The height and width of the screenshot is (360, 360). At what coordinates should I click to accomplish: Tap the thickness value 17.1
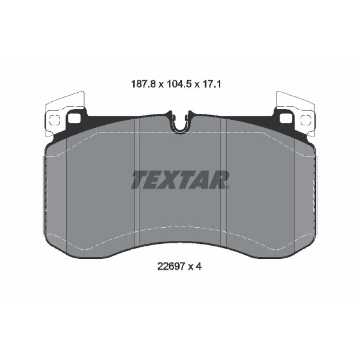(211, 84)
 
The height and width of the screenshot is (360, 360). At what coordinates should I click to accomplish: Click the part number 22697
(171, 266)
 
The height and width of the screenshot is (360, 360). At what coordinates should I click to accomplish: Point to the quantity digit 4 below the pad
(199, 266)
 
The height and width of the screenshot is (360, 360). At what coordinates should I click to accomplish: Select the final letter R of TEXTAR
(219, 180)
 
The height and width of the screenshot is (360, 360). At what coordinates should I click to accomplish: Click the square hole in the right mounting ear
(286, 118)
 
